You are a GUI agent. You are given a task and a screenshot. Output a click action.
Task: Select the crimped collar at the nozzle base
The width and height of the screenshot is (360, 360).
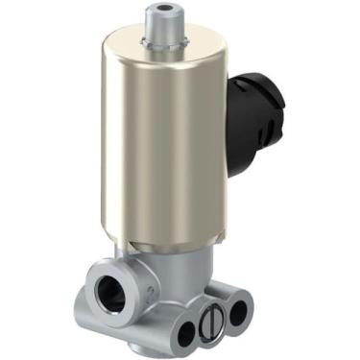pyautogui.click(x=156, y=42)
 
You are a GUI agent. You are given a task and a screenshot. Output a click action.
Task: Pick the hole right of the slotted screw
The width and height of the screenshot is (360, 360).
pyautogui.click(x=236, y=311)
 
